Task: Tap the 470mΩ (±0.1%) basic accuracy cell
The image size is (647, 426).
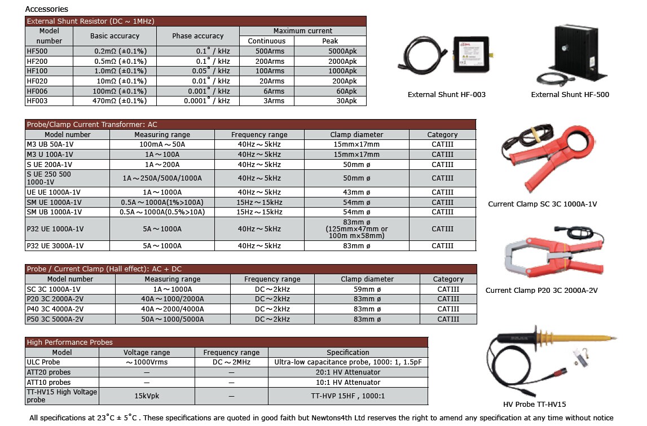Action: pyautogui.click(x=120, y=101)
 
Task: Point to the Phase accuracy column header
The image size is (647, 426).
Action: pyautogui.click(x=197, y=36)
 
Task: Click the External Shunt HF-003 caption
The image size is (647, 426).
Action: pyautogui.click(x=446, y=95)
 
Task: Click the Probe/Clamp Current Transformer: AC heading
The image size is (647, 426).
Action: pyautogui.click(x=93, y=124)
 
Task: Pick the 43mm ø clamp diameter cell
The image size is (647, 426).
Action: pyautogui.click(x=356, y=192)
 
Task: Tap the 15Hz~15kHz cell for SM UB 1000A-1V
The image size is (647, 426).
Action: pyautogui.click(x=259, y=212)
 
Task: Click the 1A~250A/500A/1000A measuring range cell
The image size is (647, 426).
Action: pyautogui.click(x=162, y=178)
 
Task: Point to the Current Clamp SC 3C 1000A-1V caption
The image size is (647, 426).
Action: pyautogui.click(x=542, y=204)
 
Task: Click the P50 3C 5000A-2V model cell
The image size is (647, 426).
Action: pyautogui.click(x=55, y=319)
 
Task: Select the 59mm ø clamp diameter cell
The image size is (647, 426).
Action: pyautogui.click(x=367, y=289)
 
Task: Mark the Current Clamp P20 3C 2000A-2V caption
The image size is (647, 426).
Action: pyautogui.click(x=542, y=291)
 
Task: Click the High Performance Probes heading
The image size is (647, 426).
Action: pyautogui.click(x=70, y=342)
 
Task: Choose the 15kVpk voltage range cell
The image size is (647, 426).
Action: pyautogui.click(x=147, y=396)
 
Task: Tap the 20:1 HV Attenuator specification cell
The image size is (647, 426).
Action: pyautogui.click(x=347, y=372)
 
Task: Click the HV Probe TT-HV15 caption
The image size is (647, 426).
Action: pyautogui.click(x=534, y=405)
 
